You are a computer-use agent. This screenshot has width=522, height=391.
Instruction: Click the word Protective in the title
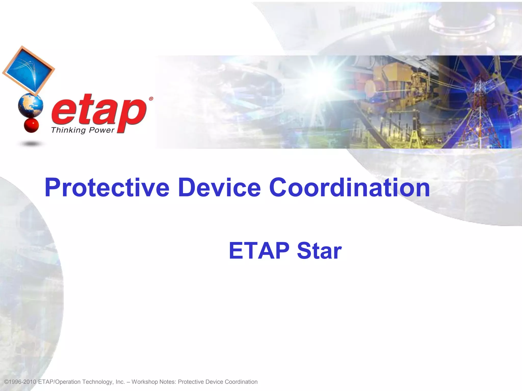[107, 188]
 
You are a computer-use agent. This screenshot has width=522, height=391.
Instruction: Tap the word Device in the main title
[219, 188]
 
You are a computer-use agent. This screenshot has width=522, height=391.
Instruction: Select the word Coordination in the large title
[349, 188]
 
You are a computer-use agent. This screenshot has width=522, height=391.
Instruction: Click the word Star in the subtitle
[319, 251]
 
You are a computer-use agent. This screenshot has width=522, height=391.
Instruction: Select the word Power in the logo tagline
[101, 130]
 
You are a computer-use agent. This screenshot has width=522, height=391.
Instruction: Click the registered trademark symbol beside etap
[151, 99]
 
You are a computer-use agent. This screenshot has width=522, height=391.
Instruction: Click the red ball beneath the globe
[31, 125]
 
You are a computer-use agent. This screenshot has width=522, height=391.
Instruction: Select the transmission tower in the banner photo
[480, 107]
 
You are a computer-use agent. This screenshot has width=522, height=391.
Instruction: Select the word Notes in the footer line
[167, 382]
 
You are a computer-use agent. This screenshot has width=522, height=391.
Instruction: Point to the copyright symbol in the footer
[7, 382]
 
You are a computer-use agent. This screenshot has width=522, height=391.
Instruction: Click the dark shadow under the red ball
[31, 144]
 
